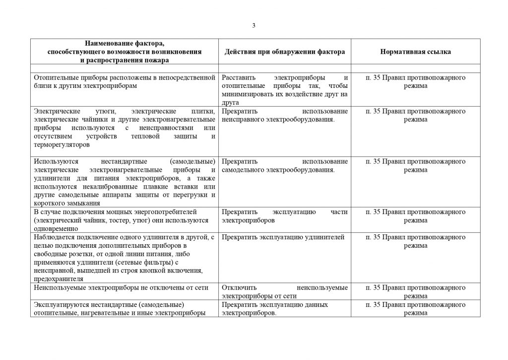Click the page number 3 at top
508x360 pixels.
[x=254, y=26]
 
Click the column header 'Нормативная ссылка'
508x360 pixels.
[x=415, y=52]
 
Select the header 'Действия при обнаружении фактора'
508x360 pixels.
[x=285, y=52]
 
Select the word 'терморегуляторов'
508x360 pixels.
[x=62, y=145]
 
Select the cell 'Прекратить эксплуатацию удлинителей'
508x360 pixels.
[x=283, y=237]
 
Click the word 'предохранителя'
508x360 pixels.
[x=59, y=278]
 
